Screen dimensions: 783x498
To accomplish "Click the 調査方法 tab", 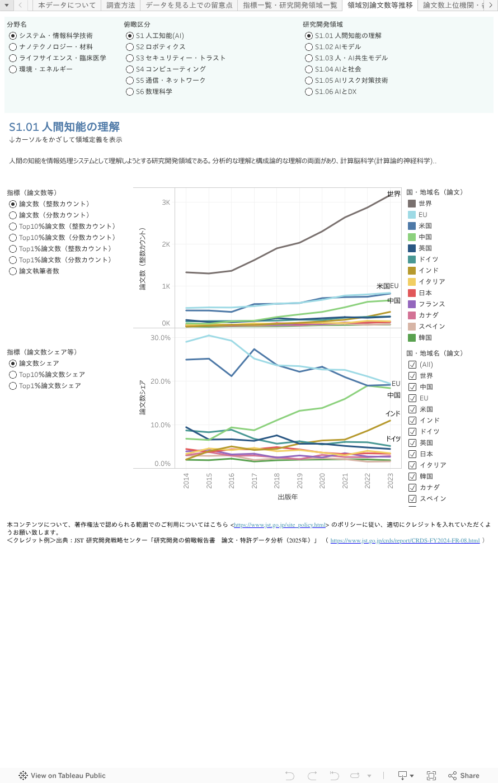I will coord(121,5).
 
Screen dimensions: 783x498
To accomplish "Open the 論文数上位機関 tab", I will coord(453,5).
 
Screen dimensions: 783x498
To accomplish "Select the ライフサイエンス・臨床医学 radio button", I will coord(13,58).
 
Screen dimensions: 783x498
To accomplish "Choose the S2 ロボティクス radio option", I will coord(130,47).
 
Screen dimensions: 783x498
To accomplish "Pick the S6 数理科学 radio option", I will coord(130,92).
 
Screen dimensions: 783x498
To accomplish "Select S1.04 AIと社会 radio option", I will coord(309,69).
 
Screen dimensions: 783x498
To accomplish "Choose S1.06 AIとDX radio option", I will coord(309,92).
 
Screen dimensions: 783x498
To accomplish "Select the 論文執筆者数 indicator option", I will coord(13,271).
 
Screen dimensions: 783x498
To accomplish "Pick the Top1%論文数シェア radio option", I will coord(13,386).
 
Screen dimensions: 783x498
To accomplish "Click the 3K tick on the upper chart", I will coord(166,202).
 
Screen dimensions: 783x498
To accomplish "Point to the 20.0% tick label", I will coord(161,381).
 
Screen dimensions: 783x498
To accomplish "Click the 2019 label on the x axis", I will coord(299,481).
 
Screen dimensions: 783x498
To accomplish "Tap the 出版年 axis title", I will coord(288,497).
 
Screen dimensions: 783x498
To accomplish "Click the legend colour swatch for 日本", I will coord(412,293).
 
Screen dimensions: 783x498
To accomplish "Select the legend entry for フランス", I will coord(431,304).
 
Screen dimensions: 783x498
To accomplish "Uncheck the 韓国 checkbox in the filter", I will coord(412,477).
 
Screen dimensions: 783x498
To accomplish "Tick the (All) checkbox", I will coord(412,365).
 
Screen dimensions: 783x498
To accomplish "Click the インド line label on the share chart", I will coord(393,414).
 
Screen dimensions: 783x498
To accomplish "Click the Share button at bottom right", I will coord(464,776).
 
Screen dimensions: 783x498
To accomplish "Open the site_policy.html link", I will coord(280,525).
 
